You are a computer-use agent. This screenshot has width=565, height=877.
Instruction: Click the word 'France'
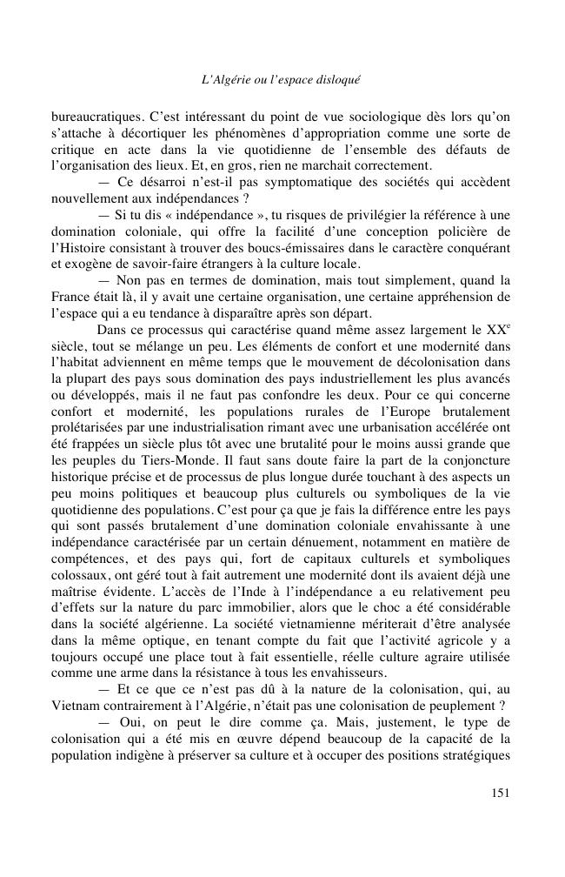coord(71,297)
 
